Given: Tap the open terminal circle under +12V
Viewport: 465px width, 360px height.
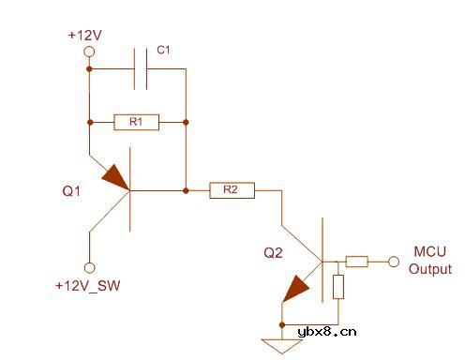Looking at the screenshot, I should coord(90,52).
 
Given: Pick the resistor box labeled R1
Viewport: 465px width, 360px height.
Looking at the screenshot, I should coord(137,122).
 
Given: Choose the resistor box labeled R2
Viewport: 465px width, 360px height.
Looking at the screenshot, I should coord(232,190).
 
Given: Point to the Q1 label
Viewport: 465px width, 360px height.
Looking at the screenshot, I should coord(72,190).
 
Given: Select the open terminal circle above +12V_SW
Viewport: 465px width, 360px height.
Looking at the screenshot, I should coord(90,266).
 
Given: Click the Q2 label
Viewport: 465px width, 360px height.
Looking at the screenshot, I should coord(272,252).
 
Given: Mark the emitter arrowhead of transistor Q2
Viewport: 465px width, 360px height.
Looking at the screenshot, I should coord(297,287).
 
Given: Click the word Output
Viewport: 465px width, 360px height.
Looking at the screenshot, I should coord(429,269).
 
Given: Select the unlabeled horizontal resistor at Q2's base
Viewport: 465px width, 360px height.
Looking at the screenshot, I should coord(356,262).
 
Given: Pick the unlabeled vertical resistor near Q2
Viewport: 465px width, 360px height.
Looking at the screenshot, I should coord(337,286).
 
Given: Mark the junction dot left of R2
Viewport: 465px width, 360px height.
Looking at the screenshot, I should coord(187,190).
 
